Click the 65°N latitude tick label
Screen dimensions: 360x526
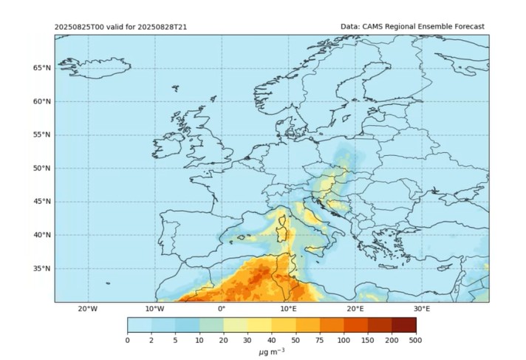tap(42, 68)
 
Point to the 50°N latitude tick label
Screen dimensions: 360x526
tap(42, 169)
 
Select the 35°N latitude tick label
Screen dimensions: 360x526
tap(42, 269)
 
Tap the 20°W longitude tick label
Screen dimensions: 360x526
tap(87, 309)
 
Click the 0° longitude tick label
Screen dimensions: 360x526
tap(221, 309)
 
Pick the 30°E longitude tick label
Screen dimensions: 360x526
tap(422, 309)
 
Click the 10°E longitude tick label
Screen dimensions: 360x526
tap(288, 309)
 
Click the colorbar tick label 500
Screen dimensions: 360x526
tap(416, 340)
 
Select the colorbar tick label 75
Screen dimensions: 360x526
tap(320, 340)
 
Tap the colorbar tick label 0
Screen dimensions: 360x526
tap(128, 340)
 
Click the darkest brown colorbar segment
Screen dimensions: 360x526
tap(403, 325)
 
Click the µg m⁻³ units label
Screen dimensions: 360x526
tap(271, 351)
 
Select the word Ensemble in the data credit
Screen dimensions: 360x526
tap(428, 26)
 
